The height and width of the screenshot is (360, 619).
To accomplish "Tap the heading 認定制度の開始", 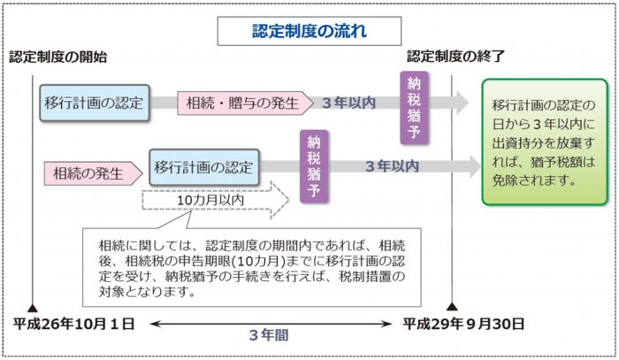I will point(58,57).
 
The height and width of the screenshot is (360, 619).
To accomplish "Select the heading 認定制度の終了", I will point(455,57).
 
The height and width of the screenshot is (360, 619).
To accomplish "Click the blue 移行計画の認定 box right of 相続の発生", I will point(203,166).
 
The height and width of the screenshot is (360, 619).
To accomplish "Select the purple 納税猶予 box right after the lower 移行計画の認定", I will point(313,167).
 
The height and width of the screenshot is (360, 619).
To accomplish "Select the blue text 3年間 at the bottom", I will point(266,336).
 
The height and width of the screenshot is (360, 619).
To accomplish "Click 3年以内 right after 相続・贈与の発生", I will point(348,103).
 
